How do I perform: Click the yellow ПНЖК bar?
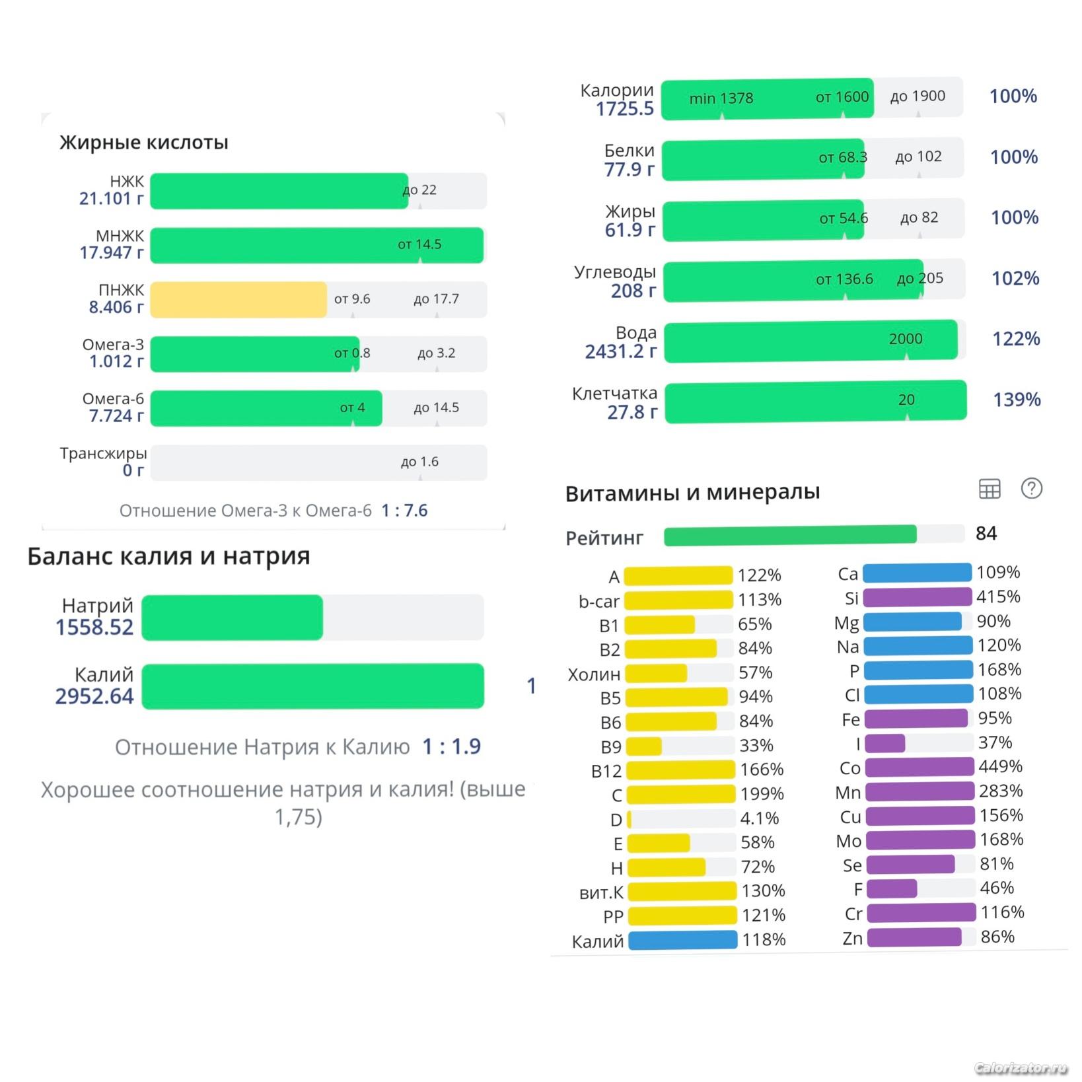point(238,299)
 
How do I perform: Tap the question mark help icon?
point(1031,488)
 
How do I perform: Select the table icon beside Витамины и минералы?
point(989,489)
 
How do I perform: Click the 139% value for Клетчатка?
point(1017,400)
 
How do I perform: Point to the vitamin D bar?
point(630,819)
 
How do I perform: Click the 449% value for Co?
point(1000,766)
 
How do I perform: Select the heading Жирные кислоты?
point(144,142)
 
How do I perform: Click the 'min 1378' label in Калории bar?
point(721,98)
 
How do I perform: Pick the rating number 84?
point(986,533)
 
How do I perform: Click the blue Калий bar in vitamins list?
point(682,939)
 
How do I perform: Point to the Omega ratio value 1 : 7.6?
point(404,510)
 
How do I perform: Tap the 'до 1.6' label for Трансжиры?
point(419,462)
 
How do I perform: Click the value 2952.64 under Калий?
point(94,696)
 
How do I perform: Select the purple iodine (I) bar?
point(885,743)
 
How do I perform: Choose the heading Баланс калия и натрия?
point(168,556)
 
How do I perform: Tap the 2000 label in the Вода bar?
point(905,339)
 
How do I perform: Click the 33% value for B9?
point(756,745)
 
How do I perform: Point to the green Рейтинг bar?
point(790,535)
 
